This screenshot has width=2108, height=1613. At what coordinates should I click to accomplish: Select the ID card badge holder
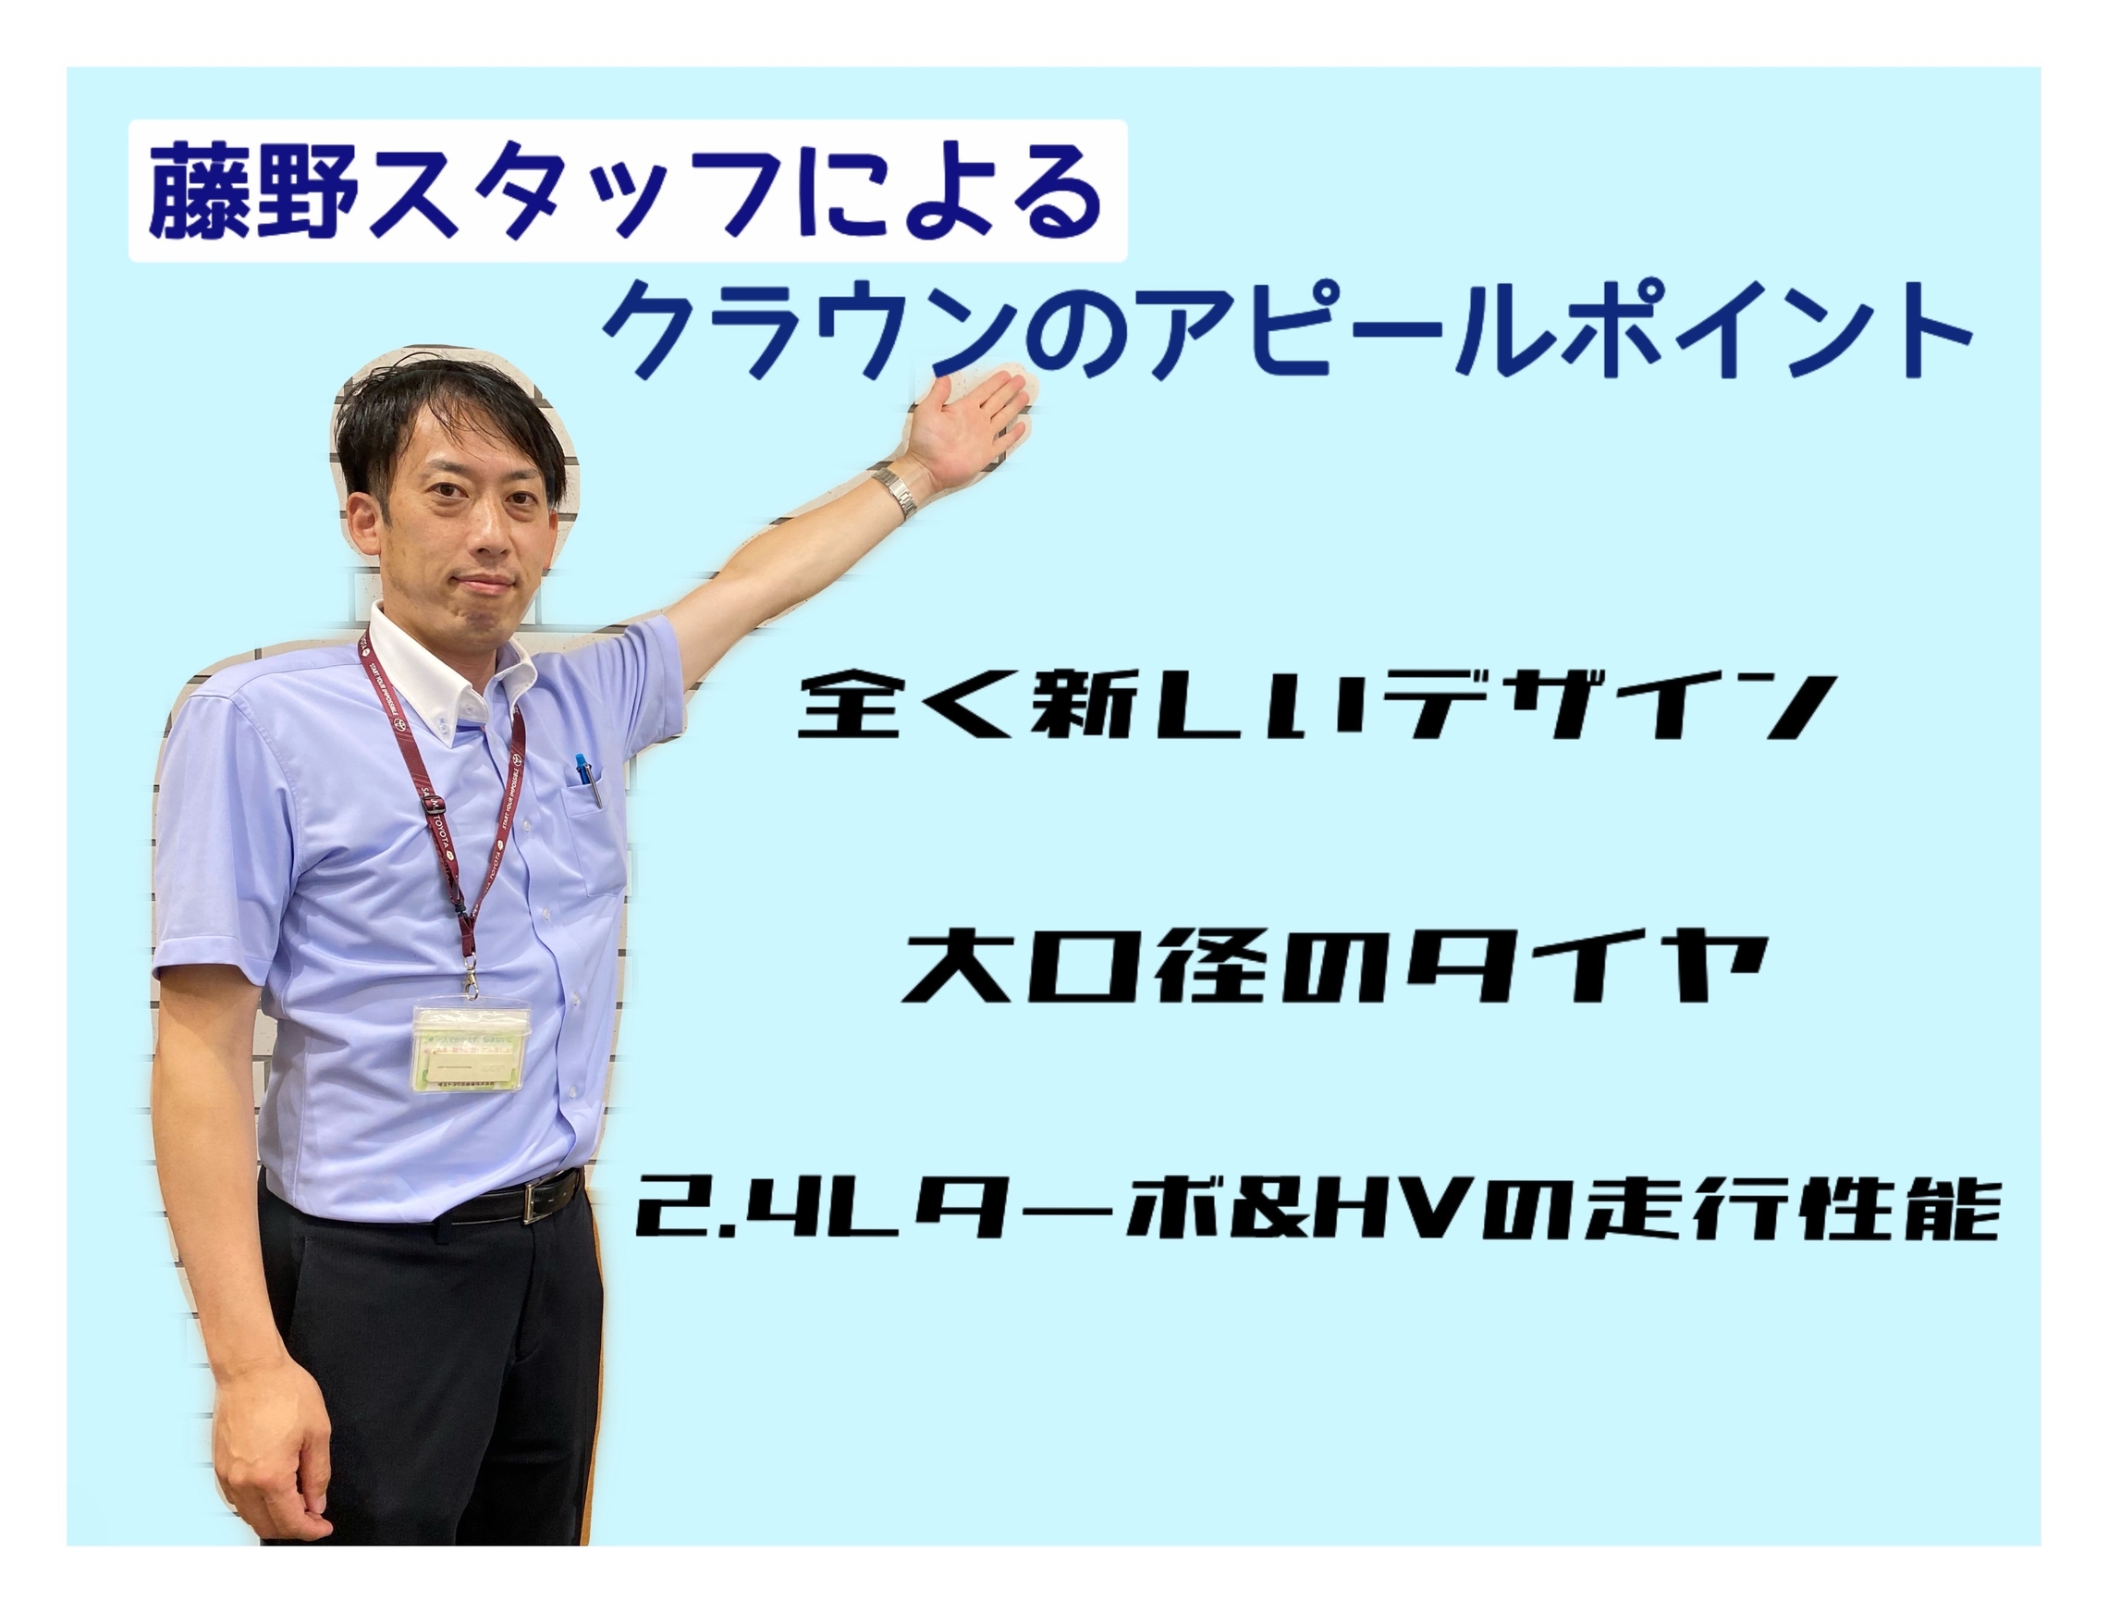point(472,1048)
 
